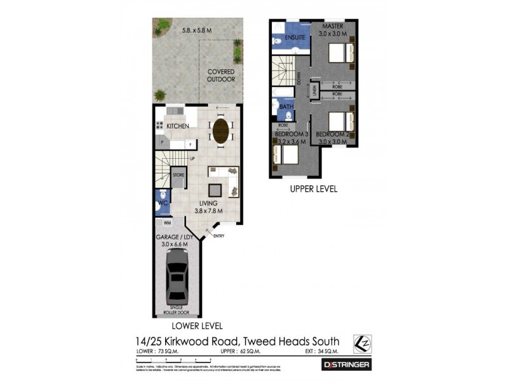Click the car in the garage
pos(176,277)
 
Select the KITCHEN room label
pos(178,126)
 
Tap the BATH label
pos(287,107)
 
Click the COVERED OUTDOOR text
pos(221,76)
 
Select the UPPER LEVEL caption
pos(314,189)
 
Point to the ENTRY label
pos(219,236)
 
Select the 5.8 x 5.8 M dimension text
pos(196,29)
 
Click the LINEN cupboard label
pos(312,90)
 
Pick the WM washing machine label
pos(168,224)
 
